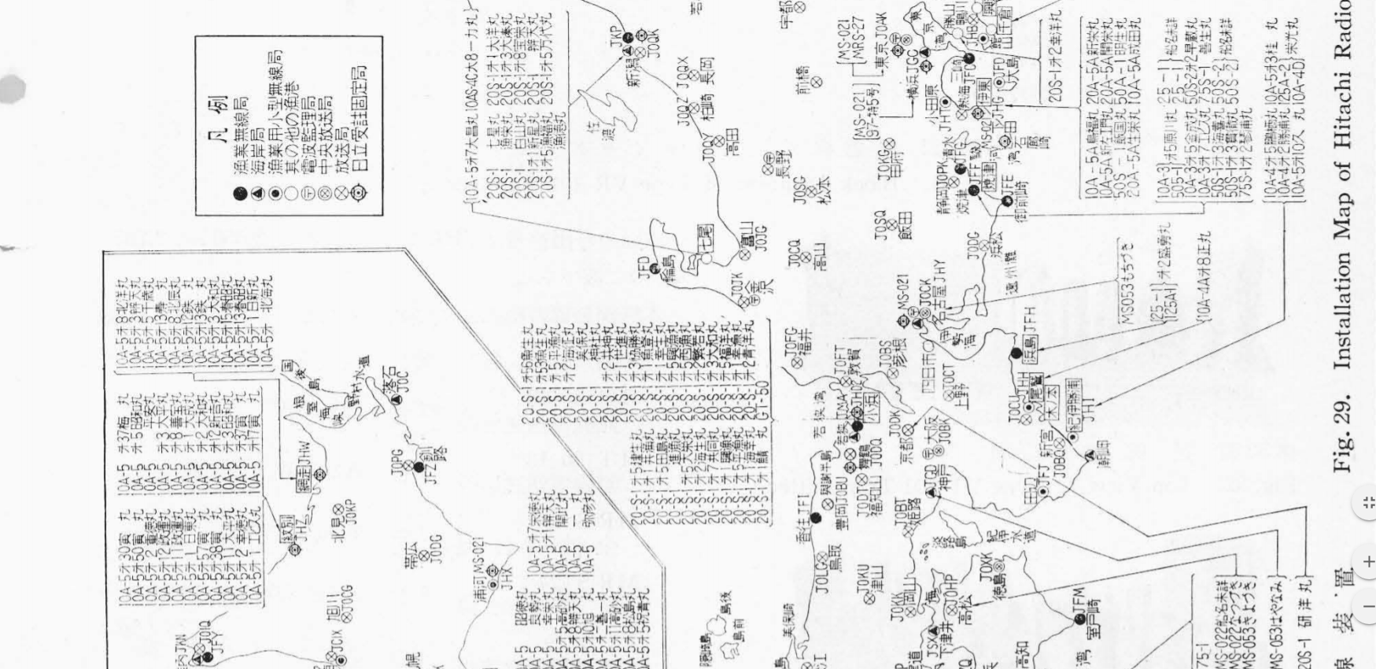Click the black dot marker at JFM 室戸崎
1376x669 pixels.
click(1079, 619)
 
